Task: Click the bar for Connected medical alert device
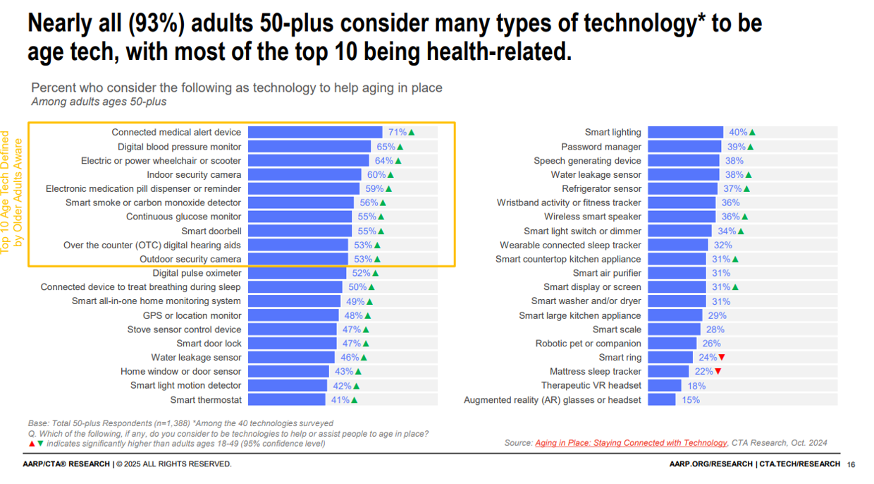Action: [x=315, y=132]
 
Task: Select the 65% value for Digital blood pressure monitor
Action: [x=386, y=147]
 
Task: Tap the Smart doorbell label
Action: [x=211, y=231]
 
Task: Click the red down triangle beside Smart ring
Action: [x=721, y=358]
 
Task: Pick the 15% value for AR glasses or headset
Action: [x=691, y=400]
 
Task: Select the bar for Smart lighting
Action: [x=685, y=132]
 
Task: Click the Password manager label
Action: [x=601, y=147]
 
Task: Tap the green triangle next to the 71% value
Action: [x=412, y=133]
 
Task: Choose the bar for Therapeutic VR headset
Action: [x=665, y=386]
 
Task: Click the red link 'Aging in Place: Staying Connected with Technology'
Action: [x=631, y=443]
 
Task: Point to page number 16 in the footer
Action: [x=850, y=464]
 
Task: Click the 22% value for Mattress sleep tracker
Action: [x=703, y=372]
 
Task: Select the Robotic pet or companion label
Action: [x=588, y=344]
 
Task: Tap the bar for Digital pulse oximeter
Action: [x=297, y=273]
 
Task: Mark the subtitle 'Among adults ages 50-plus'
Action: [x=99, y=102]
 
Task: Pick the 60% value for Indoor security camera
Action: [x=376, y=175]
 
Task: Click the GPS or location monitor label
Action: [x=192, y=315]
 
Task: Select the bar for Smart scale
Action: [x=674, y=329]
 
